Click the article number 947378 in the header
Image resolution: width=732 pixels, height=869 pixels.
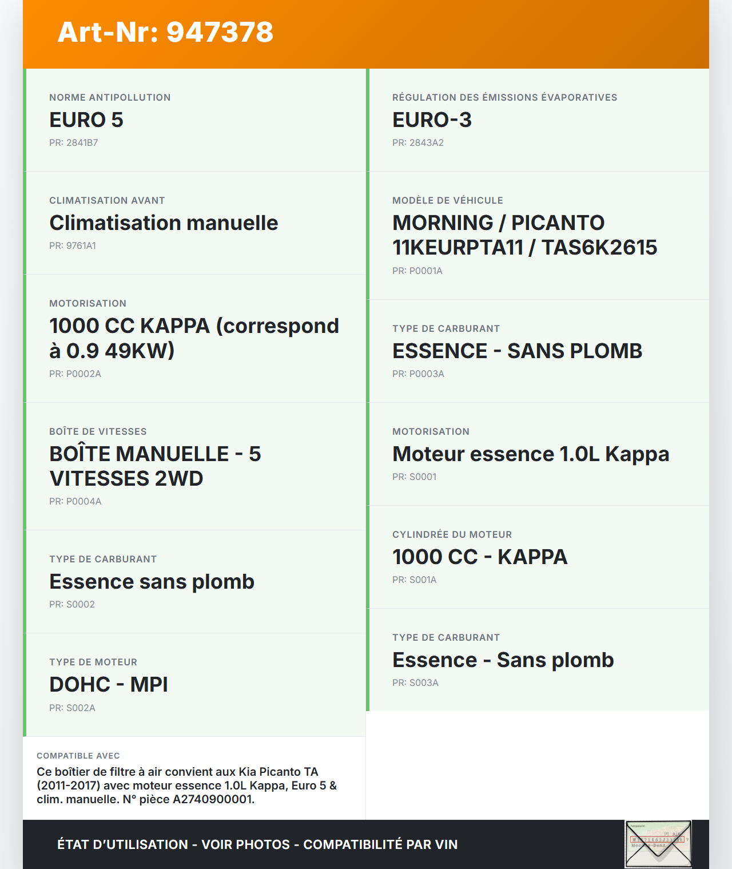click(x=220, y=32)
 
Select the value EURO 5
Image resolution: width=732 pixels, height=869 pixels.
click(x=86, y=120)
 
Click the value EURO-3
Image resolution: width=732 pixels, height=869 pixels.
click(x=432, y=120)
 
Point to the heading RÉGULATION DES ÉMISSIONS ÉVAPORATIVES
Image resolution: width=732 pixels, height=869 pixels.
click(x=504, y=97)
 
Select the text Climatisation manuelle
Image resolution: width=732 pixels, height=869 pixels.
click(x=164, y=223)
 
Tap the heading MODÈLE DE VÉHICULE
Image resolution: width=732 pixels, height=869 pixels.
click(x=447, y=200)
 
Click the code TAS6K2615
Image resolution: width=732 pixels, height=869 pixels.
click(x=599, y=248)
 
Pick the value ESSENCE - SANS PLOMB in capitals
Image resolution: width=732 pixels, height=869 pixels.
click(x=517, y=351)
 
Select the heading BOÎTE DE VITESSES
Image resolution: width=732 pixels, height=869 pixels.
click(x=98, y=431)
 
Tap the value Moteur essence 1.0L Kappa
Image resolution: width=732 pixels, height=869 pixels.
click(x=530, y=454)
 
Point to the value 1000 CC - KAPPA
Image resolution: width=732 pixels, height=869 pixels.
click(x=479, y=557)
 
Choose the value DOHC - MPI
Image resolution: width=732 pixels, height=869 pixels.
click(x=109, y=685)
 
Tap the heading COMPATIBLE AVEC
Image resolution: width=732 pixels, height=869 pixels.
click(x=78, y=756)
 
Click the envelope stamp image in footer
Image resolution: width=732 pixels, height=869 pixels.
click(x=658, y=844)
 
